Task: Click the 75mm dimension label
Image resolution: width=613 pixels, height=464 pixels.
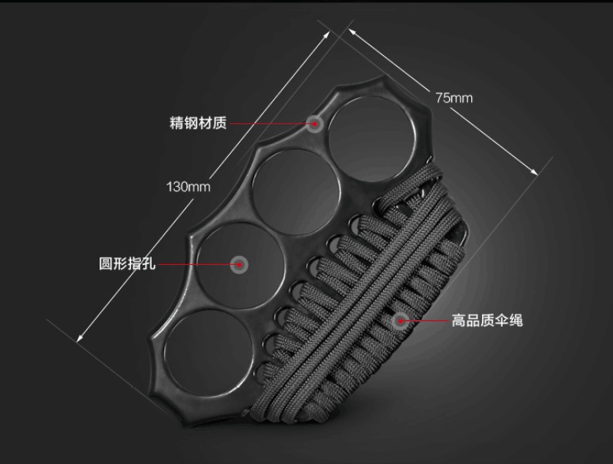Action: [454, 98]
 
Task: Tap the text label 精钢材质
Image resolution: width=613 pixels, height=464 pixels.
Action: [198, 123]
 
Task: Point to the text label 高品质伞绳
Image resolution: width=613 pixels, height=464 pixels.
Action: [487, 321]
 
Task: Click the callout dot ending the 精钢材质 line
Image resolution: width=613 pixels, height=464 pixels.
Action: [314, 123]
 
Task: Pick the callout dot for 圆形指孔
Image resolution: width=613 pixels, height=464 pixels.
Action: [240, 264]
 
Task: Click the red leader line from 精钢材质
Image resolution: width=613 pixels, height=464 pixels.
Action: [268, 123]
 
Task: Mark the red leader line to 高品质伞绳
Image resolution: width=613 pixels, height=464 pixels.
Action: [429, 320]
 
